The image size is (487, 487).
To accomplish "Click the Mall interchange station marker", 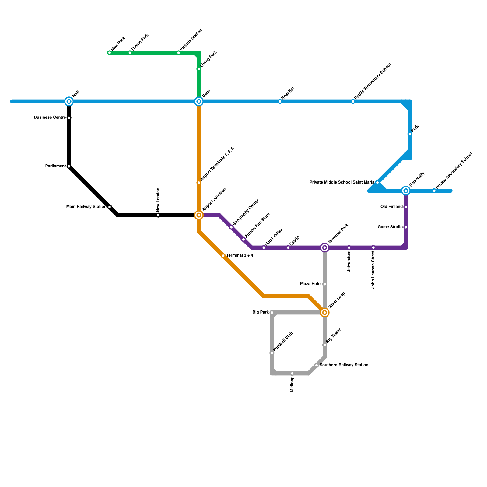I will coord(69,101).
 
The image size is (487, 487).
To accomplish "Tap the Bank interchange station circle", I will coord(199,101).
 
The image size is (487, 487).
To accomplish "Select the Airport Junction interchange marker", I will coord(199,215).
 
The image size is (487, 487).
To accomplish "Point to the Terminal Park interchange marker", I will coord(325,248).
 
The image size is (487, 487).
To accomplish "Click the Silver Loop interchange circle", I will coord(325,313).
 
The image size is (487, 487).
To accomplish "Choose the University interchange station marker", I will coord(406,191).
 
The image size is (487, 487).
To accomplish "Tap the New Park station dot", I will coord(110,53).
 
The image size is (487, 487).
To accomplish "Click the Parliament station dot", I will coord(69,166).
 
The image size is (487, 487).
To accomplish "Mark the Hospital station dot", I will coord(280,102).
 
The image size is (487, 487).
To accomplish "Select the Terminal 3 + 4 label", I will coord(240,256).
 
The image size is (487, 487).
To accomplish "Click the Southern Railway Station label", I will coord(344,365).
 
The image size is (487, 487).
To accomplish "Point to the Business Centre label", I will coord(50,117).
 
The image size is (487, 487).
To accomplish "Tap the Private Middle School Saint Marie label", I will coord(342,183).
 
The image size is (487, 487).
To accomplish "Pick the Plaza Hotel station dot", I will coord(325,284).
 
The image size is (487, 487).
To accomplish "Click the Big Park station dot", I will coord(272,313).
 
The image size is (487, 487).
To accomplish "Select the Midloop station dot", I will coord(292,373).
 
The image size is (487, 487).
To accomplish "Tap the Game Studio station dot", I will coord(406,227).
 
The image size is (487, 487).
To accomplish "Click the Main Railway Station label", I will coord(86,207).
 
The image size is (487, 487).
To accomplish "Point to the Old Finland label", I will coord(391,207).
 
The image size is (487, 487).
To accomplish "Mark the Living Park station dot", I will coord(199,69).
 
